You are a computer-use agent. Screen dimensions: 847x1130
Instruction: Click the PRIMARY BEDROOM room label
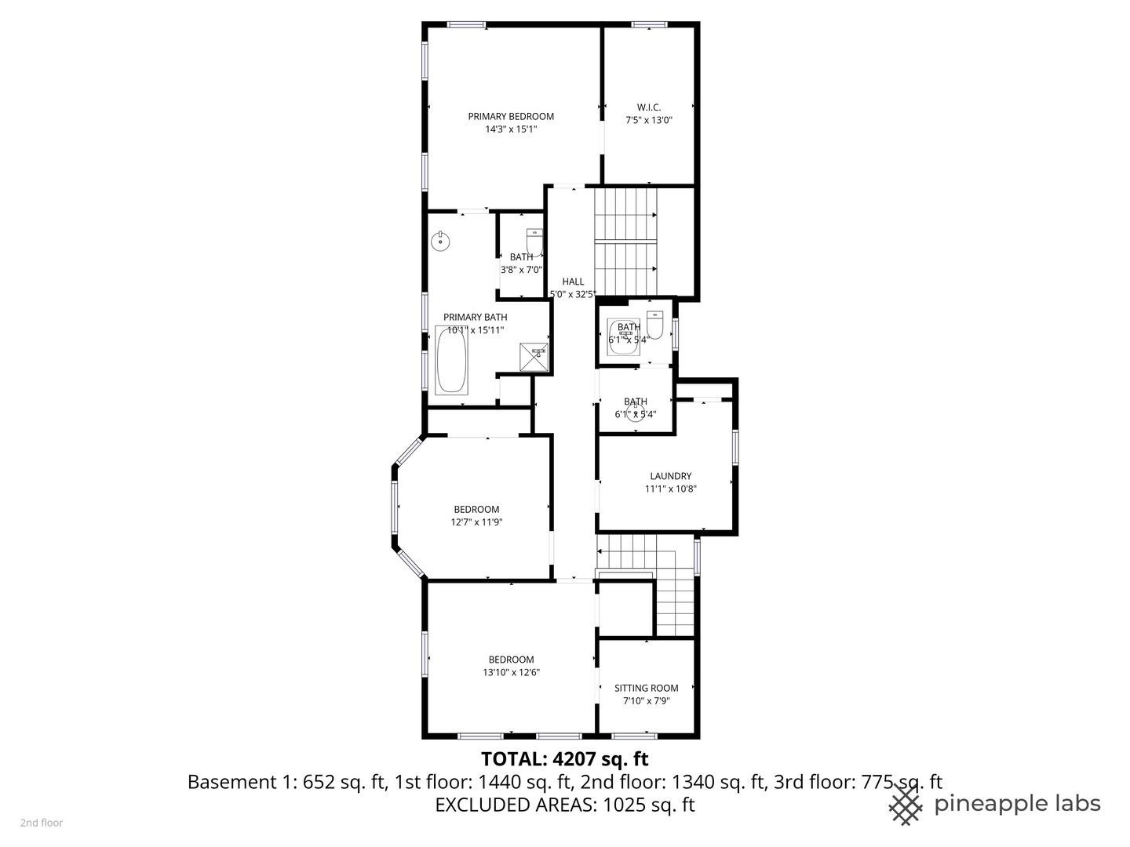click(x=511, y=116)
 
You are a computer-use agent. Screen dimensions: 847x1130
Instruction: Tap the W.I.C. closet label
click(x=649, y=107)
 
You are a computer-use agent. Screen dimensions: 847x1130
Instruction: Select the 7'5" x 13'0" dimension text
click(x=649, y=121)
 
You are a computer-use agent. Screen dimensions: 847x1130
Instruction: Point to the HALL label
click(x=573, y=282)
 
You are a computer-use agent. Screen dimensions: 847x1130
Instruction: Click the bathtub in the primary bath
click(x=451, y=360)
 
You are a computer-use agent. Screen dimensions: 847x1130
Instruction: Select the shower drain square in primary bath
click(x=538, y=356)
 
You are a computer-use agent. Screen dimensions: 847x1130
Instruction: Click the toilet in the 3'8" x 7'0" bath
click(x=534, y=242)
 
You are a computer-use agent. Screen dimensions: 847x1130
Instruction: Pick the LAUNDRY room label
click(x=670, y=476)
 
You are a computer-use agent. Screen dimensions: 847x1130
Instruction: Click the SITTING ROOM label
click(x=647, y=688)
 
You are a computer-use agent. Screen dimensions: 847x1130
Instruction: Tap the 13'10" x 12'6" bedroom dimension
click(x=511, y=672)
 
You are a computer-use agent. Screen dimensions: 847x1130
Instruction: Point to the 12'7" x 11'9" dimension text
click(x=476, y=522)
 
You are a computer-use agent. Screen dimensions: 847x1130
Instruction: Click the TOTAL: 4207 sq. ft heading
click(x=564, y=758)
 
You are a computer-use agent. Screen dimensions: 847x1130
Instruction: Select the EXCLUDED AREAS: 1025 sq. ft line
click(x=564, y=805)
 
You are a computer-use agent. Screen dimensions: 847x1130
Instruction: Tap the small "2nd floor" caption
click(x=42, y=823)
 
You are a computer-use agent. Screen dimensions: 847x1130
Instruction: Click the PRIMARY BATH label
click(x=475, y=317)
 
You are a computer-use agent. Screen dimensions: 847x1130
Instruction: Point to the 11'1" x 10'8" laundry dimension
click(x=670, y=489)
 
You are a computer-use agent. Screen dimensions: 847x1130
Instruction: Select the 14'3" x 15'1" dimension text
click(x=511, y=129)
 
